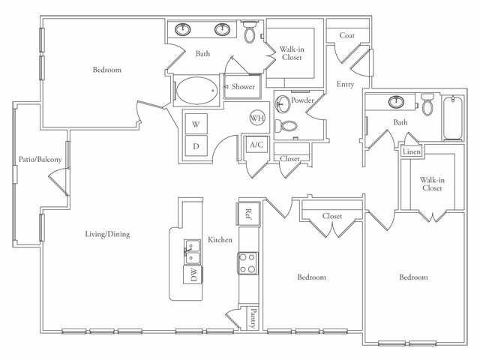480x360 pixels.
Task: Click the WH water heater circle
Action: coord(257,118)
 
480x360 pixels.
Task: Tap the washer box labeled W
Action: coord(196,123)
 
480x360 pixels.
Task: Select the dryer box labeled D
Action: coord(196,145)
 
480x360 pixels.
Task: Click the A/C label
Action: coord(256,144)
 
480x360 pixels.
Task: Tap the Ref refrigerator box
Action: coord(248,212)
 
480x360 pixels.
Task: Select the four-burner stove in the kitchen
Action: coord(247,262)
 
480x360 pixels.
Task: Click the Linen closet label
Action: coord(412,151)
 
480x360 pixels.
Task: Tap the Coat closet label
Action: coord(346,35)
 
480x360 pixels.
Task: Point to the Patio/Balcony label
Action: coord(40,159)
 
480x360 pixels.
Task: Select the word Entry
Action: coord(345,84)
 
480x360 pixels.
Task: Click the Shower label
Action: coord(243,87)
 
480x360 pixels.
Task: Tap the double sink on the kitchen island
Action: coord(190,248)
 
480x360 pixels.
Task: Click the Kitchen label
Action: coord(220,240)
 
